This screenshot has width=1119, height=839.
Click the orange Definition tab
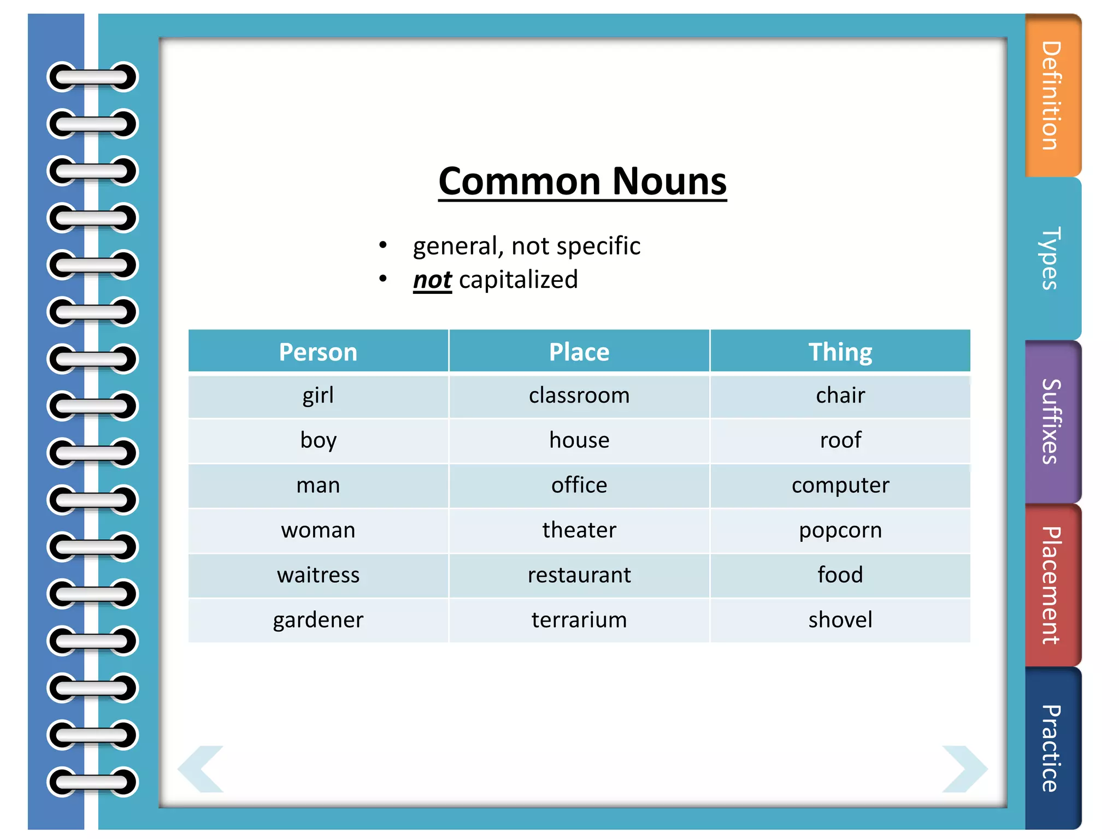pyautogui.click(x=1052, y=96)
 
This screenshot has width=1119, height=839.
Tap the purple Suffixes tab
pyautogui.click(x=1052, y=421)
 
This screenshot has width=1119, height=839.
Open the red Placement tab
pyautogui.click(x=1052, y=585)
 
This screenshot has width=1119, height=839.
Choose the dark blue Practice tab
pyautogui.click(x=1052, y=748)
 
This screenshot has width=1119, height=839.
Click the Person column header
pyautogui.click(x=318, y=352)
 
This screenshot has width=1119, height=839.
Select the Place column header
pyautogui.click(x=579, y=352)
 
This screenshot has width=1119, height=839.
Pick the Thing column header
pyautogui.click(x=840, y=352)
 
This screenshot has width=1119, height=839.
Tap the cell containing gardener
pyautogui.click(x=318, y=620)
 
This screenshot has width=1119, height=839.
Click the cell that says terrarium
pyautogui.click(x=579, y=620)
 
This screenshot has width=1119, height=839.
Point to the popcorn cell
pyautogui.click(x=840, y=530)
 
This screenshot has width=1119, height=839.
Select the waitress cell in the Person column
pyautogui.click(x=318, y=575)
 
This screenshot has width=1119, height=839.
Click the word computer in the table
pyautogui.click(x=840, y=486)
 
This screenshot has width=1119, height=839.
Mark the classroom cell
pyautogui.click(x=579, y=395)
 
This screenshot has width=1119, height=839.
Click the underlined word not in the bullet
pyautogui.click(x=432, y=280)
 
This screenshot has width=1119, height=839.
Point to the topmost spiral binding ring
pyautogui.click(x=92, y=77)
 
